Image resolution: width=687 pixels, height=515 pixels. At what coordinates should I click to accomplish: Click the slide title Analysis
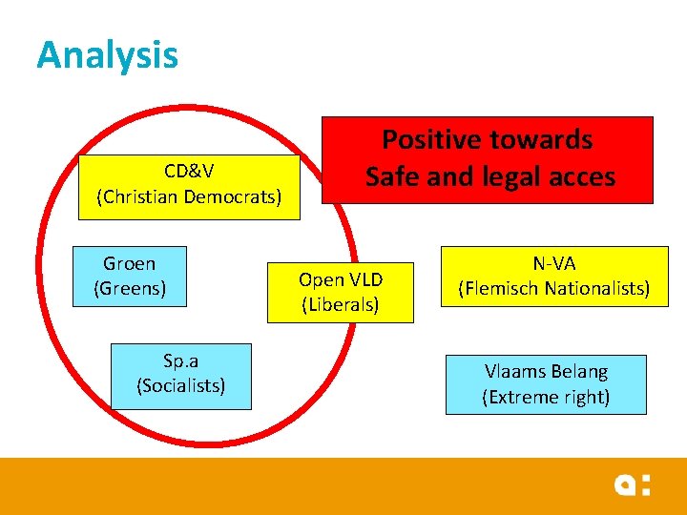coord(107,54)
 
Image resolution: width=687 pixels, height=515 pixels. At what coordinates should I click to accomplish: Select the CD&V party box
coord(189,185)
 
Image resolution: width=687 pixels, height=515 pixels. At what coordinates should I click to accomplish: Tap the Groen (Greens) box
coord(130,277)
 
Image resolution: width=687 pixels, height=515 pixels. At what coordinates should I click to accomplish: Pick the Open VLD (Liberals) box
coord(341,292)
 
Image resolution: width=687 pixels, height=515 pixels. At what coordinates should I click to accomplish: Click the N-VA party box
coord(553,276)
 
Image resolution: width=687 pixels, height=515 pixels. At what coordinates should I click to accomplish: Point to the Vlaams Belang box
coord(546,384)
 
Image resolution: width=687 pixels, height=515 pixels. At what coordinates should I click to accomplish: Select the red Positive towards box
coord(487,159)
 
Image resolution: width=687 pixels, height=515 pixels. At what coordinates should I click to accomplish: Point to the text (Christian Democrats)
coord(189,196)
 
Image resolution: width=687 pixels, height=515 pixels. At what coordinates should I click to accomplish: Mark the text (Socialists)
coord(181,386)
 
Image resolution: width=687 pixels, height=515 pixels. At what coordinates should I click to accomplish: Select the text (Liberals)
coord(341,305)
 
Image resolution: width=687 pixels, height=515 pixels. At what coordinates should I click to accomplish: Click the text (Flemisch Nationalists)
coord(553,288)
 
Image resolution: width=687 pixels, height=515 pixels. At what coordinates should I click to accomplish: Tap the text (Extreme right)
coord(546,397)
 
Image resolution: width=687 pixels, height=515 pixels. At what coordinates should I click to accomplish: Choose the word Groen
coord(130,263)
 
